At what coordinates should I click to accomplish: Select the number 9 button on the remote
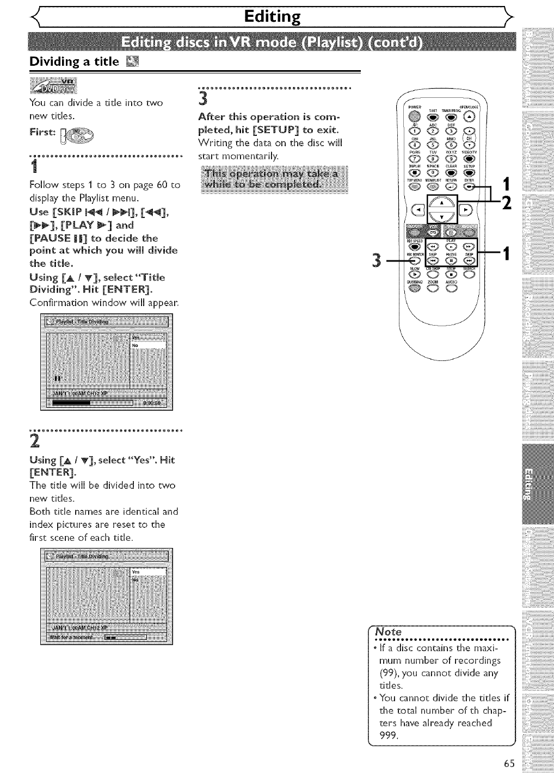[451, 159]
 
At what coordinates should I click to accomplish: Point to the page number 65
[509, 763]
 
